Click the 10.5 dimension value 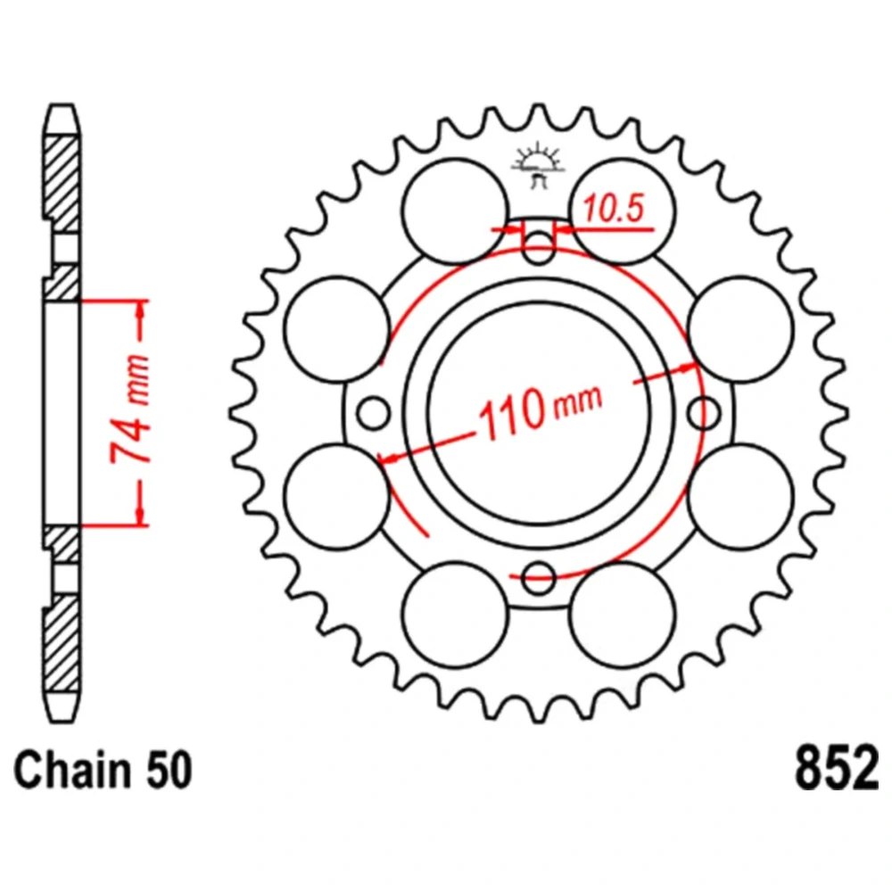(614, 208)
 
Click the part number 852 (837, 769)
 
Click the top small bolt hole (538, 247)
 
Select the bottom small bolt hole (538, 578)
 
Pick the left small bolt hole (373, 413)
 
